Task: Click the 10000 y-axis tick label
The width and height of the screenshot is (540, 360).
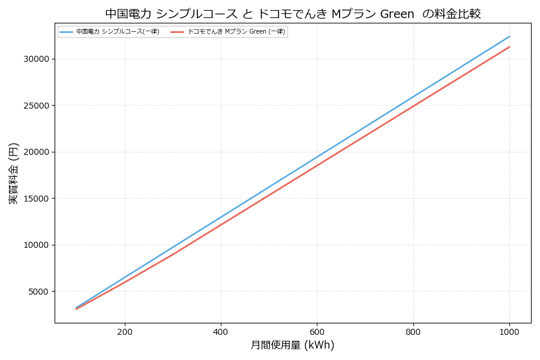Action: [x=37, y=245]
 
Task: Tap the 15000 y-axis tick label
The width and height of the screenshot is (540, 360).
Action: [x=37, y=199]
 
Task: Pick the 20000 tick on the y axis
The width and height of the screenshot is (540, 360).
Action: [x=37, y=152]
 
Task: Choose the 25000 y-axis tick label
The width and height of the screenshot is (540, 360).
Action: [x=37, y=106]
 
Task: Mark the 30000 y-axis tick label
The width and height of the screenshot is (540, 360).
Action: [x=37, y=59]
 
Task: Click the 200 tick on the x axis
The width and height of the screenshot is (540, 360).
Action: [x=125, y=331]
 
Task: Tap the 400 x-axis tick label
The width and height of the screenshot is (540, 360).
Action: [x=221, y=331]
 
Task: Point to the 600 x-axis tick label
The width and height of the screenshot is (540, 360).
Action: [x=317, y=331]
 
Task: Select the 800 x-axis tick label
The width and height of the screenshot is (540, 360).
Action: [x=413, y=331]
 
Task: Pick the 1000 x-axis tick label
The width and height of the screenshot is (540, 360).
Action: [x=509, y=331]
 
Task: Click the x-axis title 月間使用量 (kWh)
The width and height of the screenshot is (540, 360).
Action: [x=292, y=346]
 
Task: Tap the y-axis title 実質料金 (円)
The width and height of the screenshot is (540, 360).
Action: [x=14, y=173]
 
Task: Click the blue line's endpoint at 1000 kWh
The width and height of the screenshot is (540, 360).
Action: [x=509, y=37]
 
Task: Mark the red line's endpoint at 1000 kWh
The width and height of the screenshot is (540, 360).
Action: [x=509, y=47]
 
